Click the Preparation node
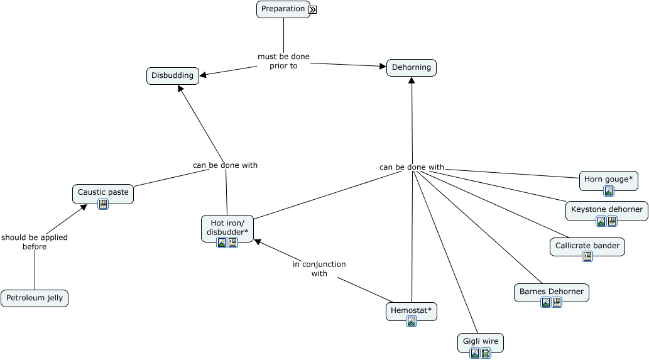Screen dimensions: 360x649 tap(283, 9)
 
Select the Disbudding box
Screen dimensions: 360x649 tap(173, 75)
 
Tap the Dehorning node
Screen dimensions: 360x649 tap(412, 67)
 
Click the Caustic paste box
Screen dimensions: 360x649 tap(103, 192)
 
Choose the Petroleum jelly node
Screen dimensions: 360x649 tap(35, 298)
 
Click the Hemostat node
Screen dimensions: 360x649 tap(412, 310)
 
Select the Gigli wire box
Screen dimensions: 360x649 tap(481, 341)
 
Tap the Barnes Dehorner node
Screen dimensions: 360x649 tap(552, 292)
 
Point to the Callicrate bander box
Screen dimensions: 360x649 tap(587, 246)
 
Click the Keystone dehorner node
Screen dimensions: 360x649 tap(607, 209)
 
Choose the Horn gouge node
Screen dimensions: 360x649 tap(608, 179)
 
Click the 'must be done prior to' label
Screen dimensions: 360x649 tap(283, 61)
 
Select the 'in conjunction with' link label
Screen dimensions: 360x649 tap(319, 269)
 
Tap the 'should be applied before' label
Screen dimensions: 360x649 tap(35, 242)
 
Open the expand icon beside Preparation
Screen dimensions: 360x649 tap(312, 9)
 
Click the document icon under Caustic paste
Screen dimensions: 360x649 tap(103, 204)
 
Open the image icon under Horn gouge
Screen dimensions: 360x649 tap(608, 191)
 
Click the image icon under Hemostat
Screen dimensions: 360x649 tap(412, 321)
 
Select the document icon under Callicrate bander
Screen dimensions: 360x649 tap(587, 256)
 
